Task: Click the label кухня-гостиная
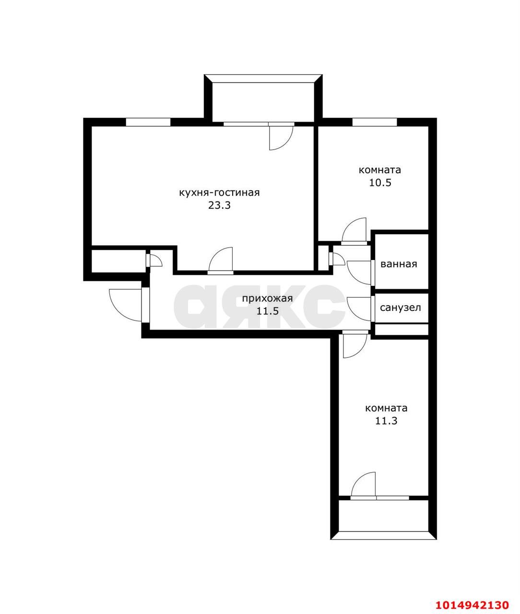coord(219,193)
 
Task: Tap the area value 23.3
coord(219,206)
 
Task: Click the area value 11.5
coord(267,311)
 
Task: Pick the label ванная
coord(399,264)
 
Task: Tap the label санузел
coord(401,307)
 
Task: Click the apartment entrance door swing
coord(126,304)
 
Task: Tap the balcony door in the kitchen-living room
coord(280,137)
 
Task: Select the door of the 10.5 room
coord(355,231)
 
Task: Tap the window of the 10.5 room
coord(374,122)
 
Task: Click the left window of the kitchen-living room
coord(148,122)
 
